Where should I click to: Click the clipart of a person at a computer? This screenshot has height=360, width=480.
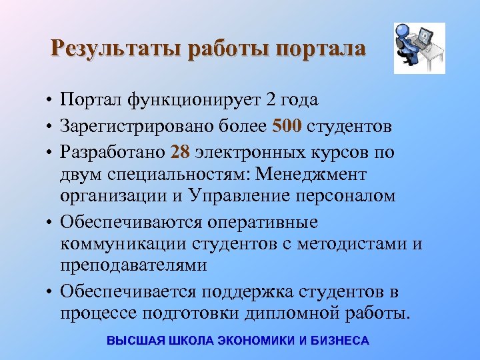pyautogui.click(x=419, y=49)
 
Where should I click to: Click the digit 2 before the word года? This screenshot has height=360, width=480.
pyautogui.click(x=269, y=100)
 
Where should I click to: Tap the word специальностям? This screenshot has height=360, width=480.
pyautogui.click(x=166, y=175)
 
